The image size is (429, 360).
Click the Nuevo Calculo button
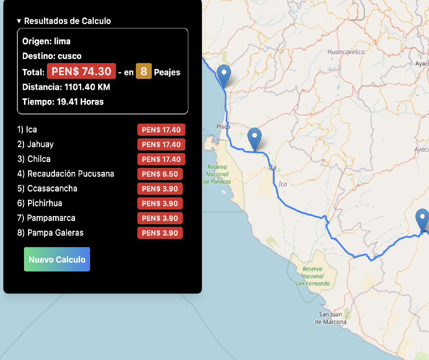point(57,259)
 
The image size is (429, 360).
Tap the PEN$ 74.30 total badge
point(81,71)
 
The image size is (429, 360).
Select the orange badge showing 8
point(144,71)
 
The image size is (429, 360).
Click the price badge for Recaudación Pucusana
point(160,174)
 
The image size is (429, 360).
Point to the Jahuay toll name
point(40,144)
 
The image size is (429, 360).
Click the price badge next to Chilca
point(161,159)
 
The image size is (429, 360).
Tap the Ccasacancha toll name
point(52,188)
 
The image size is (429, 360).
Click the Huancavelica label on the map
point(346,52)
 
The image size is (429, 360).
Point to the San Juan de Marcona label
point(330,318)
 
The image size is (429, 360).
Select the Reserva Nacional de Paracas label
point(217,174)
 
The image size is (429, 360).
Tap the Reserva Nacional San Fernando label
point(312,276)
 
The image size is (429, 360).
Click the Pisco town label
point(223,127)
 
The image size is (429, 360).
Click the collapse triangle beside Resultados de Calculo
point(19,21)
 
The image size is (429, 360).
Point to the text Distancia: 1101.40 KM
point(66,87)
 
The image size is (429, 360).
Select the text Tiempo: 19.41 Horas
point(63,102)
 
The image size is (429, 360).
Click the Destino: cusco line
point(52,56)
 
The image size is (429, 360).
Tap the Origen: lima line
point(46,41)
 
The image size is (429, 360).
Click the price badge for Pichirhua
point(160,204)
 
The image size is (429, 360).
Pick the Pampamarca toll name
point(51,218)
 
